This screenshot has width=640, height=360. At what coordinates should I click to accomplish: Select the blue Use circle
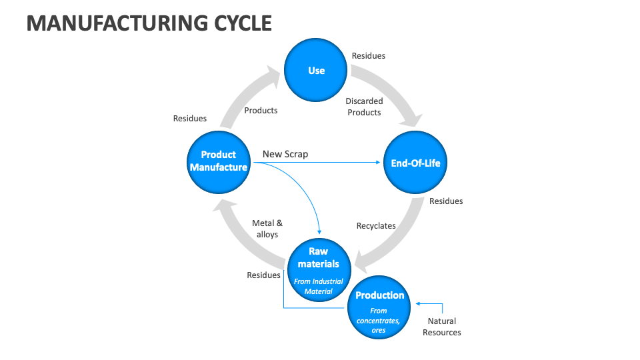pos(316,70)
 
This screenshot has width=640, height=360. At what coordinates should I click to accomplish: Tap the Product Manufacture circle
pos(218,161)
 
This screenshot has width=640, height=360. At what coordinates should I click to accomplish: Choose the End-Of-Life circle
pos(415,163)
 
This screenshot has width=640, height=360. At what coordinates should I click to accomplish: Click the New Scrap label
pos(285,154)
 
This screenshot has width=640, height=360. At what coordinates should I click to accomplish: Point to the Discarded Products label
pos(364,107)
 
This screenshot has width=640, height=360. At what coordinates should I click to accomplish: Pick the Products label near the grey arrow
pos(261,110)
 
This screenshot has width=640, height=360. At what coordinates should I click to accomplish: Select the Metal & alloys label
pos(267,229)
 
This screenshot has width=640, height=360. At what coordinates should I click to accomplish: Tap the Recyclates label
pos(376,226)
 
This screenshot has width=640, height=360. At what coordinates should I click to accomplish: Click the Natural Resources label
pos(441,327)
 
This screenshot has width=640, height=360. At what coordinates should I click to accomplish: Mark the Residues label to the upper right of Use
pos(368,56)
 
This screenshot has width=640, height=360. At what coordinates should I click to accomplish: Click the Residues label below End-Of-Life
pos(445,201)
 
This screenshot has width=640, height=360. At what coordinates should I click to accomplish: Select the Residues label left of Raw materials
pos(263,275)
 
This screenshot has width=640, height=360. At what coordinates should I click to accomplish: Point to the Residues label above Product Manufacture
pos(190,119)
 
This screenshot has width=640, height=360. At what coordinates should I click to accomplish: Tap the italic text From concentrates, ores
pos(379,321)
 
